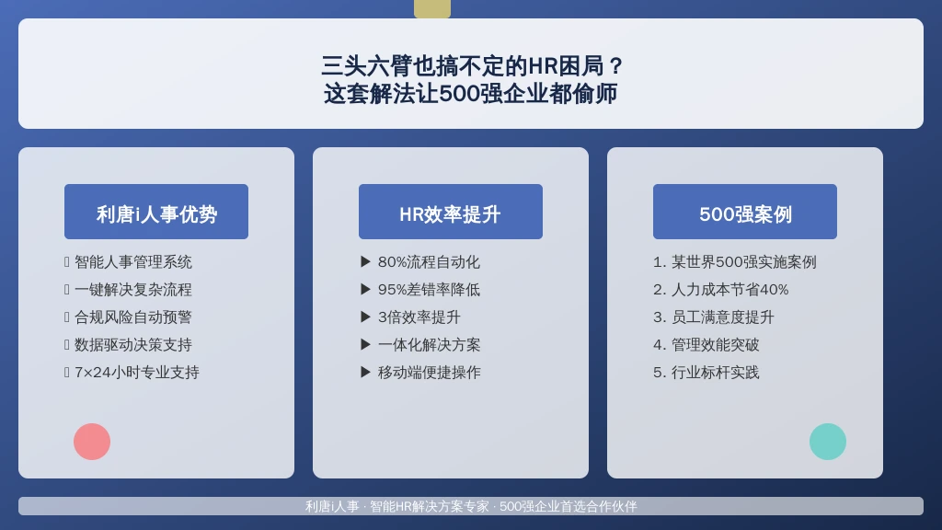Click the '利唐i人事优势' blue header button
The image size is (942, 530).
click(156, 212)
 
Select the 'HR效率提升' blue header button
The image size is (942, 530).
click(451, 212)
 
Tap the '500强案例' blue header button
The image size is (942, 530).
click(745, 212)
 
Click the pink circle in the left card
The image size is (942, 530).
click(92, 442)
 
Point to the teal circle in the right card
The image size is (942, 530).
click(828, 442)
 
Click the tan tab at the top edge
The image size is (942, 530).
click(432, 9)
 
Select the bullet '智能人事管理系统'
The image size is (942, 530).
click(133, 262)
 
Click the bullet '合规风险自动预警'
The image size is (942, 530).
click(133, 317)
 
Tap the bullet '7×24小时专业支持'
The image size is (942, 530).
click(137, 373)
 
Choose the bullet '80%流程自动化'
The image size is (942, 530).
click(429, 262)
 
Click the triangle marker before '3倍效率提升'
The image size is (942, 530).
click(365, 317)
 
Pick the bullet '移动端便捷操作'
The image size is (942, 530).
click(429, 373)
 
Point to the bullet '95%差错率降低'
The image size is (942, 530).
click(429, 290)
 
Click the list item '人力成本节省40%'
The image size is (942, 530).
click(729, 290)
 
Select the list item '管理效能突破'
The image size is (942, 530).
click(715, 345)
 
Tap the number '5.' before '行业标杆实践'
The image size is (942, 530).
click(660, 373)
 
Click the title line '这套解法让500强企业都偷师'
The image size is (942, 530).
click(471, 94)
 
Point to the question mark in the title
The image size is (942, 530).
click(615, 66)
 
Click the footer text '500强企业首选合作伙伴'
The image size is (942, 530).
click(569, 507)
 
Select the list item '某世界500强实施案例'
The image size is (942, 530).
click(743, 262)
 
